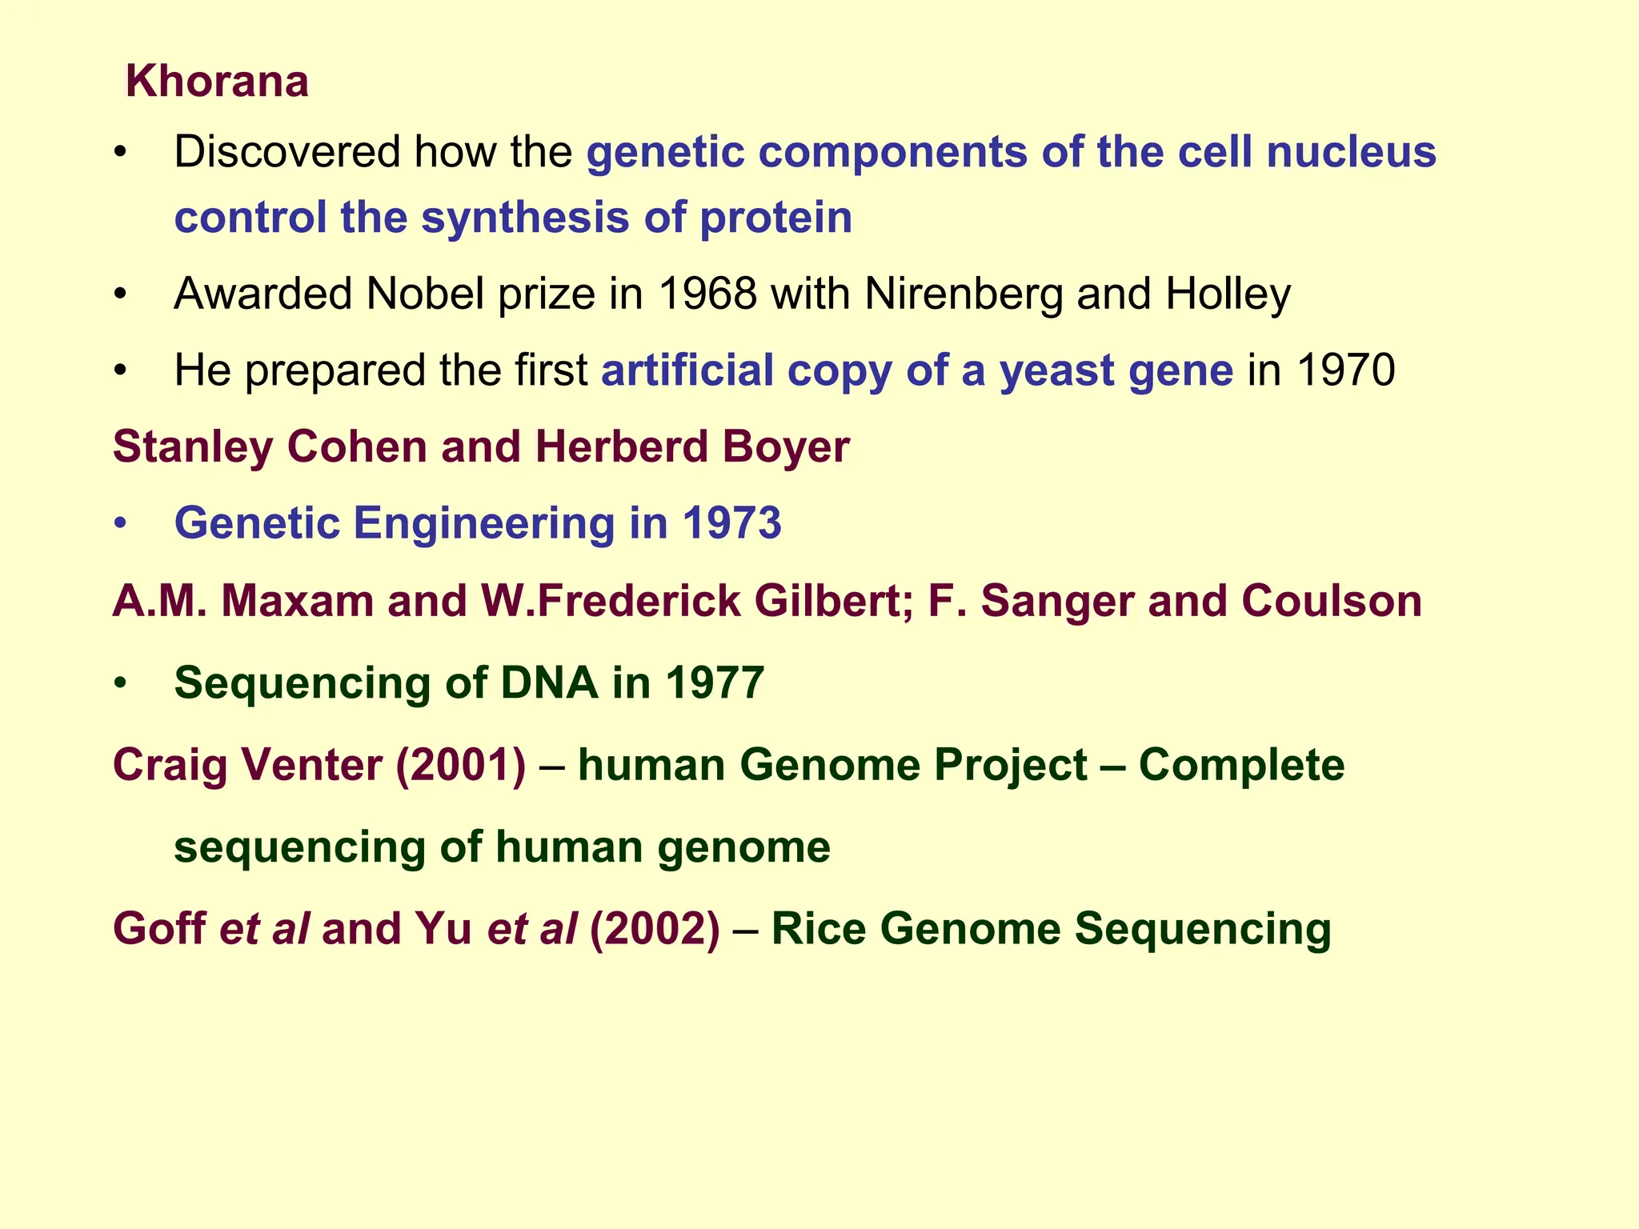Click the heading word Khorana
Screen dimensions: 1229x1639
(x=217, y=82)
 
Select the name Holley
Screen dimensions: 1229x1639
(x=1228, y=294)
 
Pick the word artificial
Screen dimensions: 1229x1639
(x=687, y=370)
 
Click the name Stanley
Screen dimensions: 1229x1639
(x=193, y=446)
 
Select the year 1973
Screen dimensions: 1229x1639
(x=731, y=523)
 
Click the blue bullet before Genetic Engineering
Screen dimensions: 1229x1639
(x=120, y=524)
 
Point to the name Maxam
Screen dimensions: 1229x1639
(x=297, y=601)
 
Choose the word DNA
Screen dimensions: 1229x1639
(x=549, y=683)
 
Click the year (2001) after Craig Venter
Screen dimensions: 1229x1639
(x=461, y=765)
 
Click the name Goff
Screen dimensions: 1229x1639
(x=159, y=928)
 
